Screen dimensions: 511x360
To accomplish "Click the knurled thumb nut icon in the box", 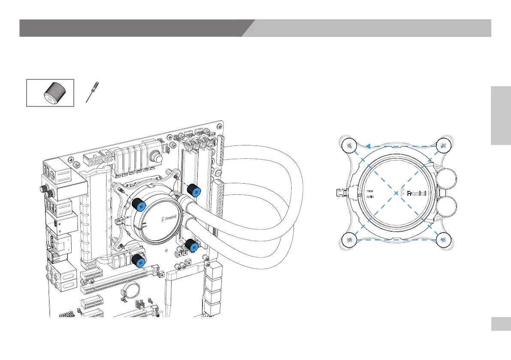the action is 51,93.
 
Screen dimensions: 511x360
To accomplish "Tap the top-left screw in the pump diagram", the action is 349,146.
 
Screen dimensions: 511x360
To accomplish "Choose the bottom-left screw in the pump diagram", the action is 349,239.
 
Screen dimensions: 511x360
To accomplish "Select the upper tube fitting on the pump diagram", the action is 446,175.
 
